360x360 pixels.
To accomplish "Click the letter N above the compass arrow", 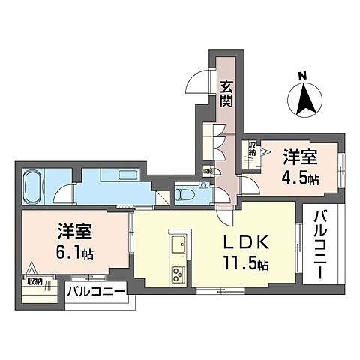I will click(x=302, y=75).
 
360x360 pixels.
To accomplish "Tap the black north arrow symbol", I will click(x=302, y=97).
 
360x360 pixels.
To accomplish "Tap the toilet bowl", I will click(x=184, y=193).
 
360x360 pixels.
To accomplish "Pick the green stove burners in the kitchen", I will click(x=179, y=271).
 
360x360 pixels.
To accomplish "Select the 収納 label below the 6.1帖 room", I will click(x=34, y=281).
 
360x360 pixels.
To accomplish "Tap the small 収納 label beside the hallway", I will click(x=208, y=171).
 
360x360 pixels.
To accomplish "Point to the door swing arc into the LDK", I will click(x=223, y=215).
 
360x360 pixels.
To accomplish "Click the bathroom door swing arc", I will click(x=70, y=193).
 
